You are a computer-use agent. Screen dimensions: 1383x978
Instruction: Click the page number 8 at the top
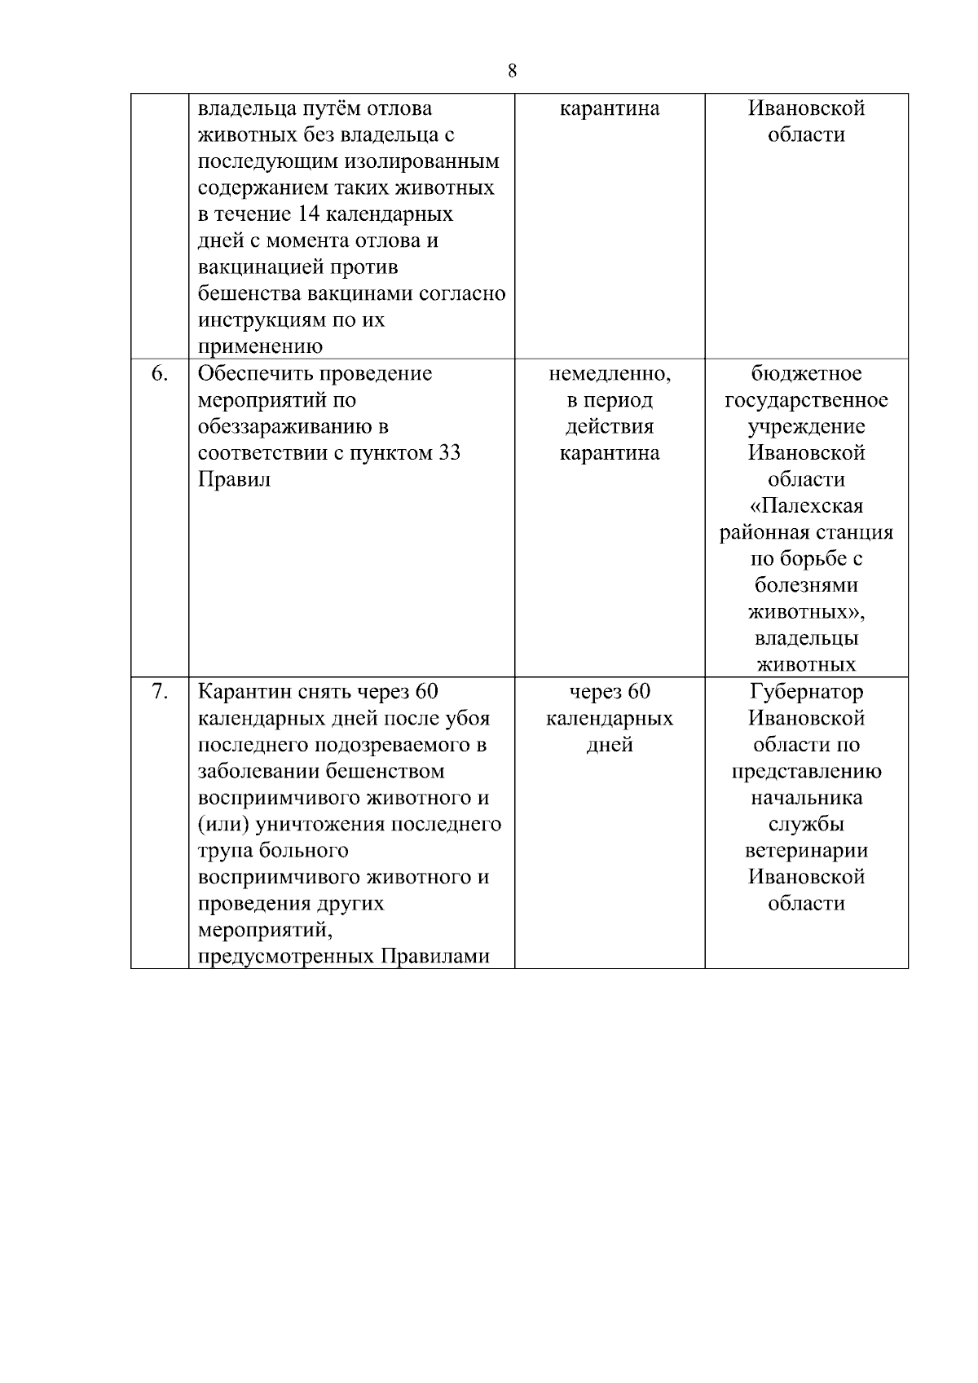pyautogui.click(x=512, y=71)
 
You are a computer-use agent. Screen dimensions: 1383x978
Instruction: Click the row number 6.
pyautogui.click(x=160, y=373)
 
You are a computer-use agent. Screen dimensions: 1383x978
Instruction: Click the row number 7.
pyautogui.click(x=160, y=692)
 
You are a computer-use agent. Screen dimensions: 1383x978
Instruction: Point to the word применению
pyautogui.click(x=261, y=346)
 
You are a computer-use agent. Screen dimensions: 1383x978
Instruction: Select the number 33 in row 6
pyautogui.click(x=450, y=453)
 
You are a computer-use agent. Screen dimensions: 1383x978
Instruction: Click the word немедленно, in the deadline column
pyautogui.click(x=610, y=373)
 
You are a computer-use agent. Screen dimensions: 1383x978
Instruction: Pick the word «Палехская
pyautogui.click(x=806, y=506)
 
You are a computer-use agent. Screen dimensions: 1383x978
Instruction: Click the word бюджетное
pyautogui.click(x=806, y=373)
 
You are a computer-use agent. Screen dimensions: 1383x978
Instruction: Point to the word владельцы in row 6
pyautogui.click(x=806, y=638)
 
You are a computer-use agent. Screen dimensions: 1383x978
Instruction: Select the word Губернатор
pyautogui.click(x=806, y=692)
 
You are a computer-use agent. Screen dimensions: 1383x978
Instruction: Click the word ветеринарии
pyautogui.click(x=806, y=851)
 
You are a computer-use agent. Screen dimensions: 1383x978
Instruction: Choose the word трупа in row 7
pyautogui.click(x=226, y=851)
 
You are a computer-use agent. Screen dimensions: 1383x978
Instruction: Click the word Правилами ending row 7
pyautogui.click(x=436, y=957)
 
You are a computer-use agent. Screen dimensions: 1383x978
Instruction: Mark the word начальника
pyautogui.click(x=806, y=798)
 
